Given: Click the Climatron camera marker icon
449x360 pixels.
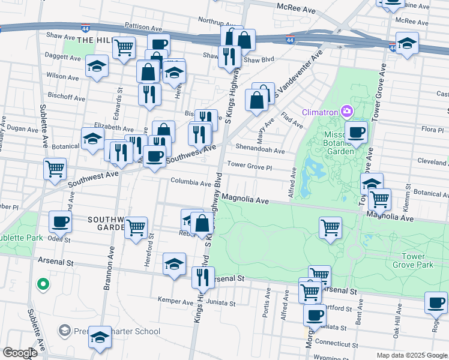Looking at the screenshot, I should coord(346,111).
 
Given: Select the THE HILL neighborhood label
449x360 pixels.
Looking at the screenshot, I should coord(95,40).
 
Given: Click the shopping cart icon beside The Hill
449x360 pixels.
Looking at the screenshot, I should coord(124,47).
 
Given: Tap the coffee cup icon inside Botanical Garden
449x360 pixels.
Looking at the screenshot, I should coord(356,131).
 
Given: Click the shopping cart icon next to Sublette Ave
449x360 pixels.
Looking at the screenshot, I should coord(55,168).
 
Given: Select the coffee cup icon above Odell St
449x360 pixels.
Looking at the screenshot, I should coord(60,221).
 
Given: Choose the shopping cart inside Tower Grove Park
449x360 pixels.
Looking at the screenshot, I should coord(330,227).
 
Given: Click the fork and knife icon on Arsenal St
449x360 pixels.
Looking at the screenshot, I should coord(203,277).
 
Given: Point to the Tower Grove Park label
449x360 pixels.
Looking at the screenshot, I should coord(412,260).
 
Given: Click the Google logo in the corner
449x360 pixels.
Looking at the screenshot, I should coord(19,353).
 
